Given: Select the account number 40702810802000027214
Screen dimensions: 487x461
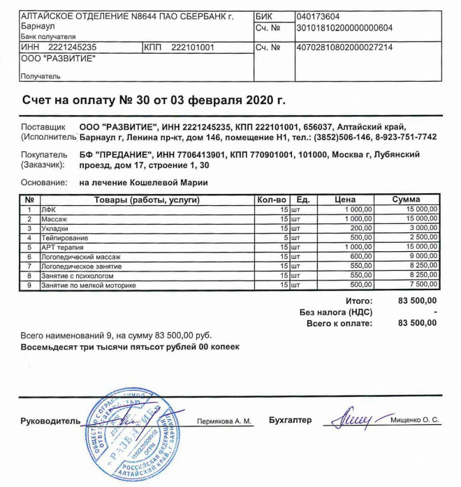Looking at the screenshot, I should [x=344, y=47].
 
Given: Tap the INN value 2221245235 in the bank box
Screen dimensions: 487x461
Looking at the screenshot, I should [x=73, y=47].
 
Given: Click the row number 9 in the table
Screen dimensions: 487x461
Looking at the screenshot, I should [x=29, y=285].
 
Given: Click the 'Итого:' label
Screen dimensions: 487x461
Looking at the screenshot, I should [x=359, y=301].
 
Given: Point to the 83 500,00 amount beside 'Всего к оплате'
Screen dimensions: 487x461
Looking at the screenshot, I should [x=417, y=323].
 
